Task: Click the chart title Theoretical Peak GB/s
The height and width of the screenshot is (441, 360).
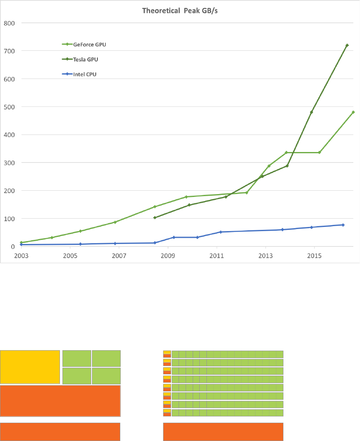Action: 180,10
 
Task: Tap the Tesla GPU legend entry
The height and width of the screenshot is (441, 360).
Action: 85,59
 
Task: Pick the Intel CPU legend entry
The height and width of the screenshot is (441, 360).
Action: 84,74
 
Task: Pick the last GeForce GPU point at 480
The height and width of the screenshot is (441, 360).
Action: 353,112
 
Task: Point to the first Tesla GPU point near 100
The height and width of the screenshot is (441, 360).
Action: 155,217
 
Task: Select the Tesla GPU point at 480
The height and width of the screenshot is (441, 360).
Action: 311,112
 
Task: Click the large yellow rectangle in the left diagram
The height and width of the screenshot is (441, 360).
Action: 30,367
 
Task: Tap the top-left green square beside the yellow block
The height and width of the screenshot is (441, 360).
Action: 77,358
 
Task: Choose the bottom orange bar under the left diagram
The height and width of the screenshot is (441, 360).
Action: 60,432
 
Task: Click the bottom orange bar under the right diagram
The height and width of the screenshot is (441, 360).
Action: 223,432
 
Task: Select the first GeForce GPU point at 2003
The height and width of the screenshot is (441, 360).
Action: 21,242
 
